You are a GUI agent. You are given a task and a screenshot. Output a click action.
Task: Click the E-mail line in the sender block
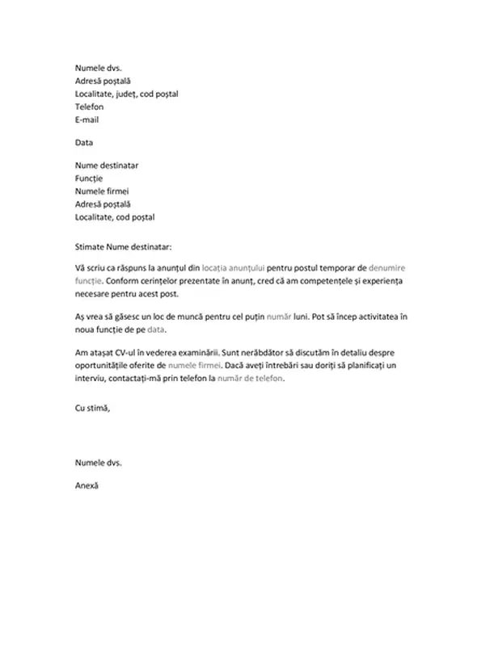[x=87, y=120]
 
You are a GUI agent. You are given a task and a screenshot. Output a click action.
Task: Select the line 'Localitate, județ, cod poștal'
[x=127, y=94]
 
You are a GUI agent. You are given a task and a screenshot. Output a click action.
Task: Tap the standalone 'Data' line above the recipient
[x=84, y=142]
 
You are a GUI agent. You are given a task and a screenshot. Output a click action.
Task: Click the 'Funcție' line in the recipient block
[x=91, y=178]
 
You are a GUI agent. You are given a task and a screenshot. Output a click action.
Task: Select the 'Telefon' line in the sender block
[x=90, y=107]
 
